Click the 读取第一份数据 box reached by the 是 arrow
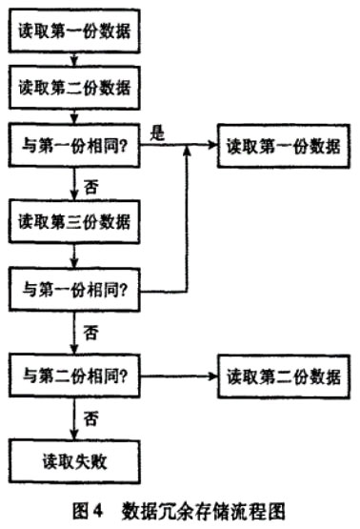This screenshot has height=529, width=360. click(280, 147)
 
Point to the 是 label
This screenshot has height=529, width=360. click(159, 133)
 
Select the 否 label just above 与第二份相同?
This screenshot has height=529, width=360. click(91, 333)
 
